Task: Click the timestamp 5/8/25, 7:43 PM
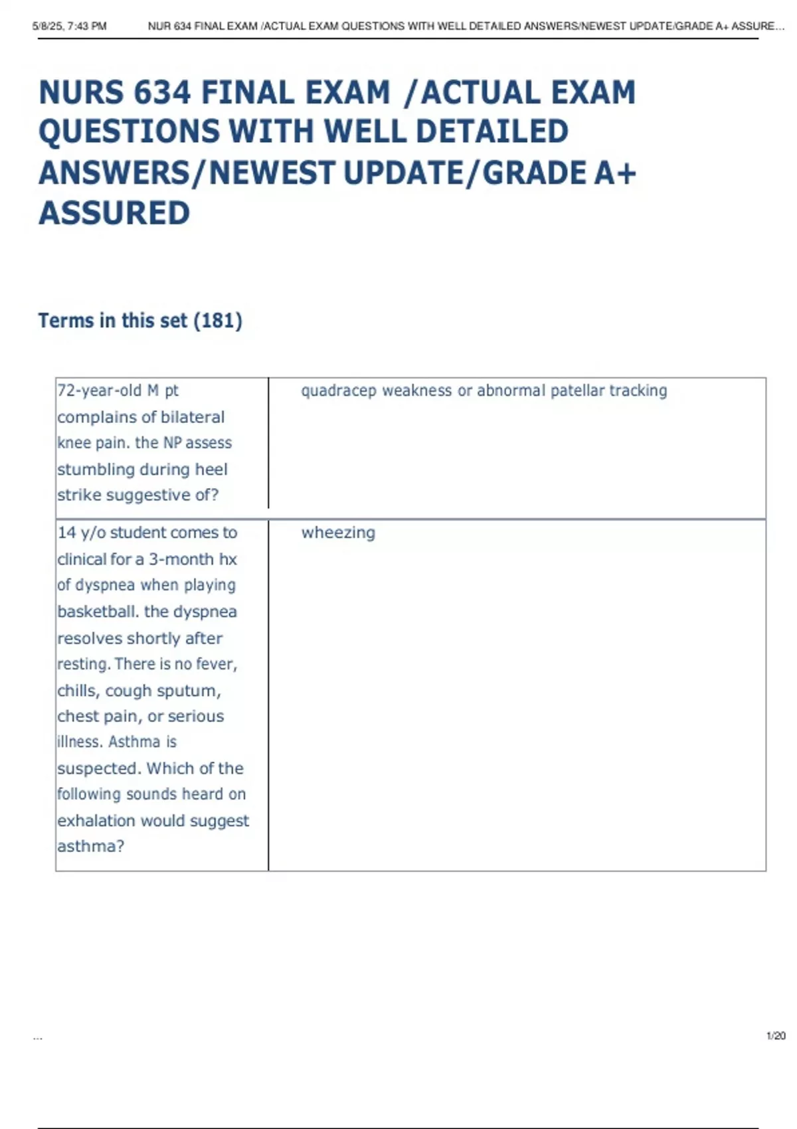coord(69,27)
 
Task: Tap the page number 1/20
coord(776,1035)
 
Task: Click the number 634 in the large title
coord(162,92)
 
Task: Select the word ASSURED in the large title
coord(114,213)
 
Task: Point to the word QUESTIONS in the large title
coord(129,131)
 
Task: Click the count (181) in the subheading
coord(218,321)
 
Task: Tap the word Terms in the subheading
coord(66,321)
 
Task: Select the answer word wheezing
coord(338,533)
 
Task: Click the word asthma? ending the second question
coord(90,847)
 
